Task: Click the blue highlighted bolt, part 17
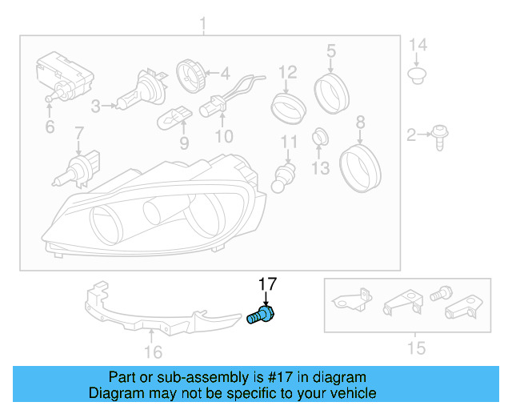[260, 314]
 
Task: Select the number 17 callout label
[266, 284]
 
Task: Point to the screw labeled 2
[439, 137]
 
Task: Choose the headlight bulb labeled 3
[136, 90]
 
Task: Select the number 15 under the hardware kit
[416, 348]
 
